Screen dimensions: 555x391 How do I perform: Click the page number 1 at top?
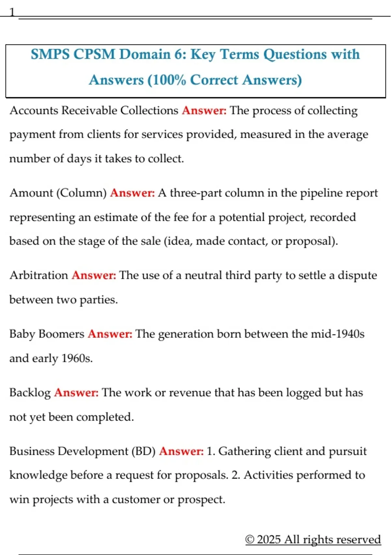coord(12,12)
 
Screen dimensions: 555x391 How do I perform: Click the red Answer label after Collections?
coord(204,110)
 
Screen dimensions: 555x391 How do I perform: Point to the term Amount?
coord(31,193)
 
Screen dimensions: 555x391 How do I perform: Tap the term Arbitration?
coord(38,275)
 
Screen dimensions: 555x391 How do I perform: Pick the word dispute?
coord(357,275)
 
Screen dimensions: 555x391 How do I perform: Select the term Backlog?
coord(30,392)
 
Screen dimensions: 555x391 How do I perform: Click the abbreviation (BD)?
coord(143,451)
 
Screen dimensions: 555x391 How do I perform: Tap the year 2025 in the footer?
coord(268,539)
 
